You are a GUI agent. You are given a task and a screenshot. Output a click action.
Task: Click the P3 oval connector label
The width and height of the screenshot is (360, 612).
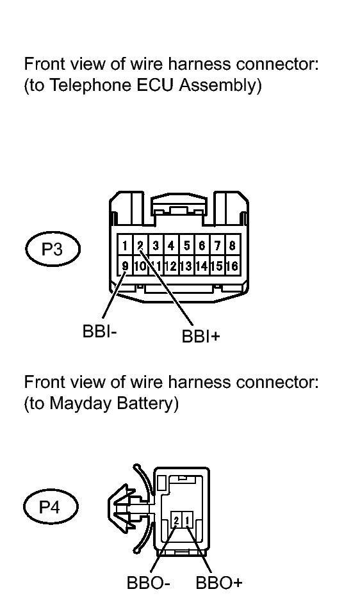pos(53,249)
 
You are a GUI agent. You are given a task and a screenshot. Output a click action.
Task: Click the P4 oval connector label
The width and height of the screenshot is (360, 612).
pos(51,507)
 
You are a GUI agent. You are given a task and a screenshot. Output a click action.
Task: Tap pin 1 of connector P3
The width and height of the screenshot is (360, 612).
pos(125,245)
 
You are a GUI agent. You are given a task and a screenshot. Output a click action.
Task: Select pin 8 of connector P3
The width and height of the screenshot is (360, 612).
pos(233,245)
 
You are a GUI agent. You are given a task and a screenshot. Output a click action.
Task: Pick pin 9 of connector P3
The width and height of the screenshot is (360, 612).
pos(125,266)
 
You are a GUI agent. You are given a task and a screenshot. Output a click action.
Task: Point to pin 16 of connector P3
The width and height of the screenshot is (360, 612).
pos(233,266)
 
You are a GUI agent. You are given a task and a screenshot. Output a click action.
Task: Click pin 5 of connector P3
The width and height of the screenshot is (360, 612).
pos(186,245)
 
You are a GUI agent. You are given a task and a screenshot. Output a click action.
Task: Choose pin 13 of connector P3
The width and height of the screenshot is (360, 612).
pos(186,266)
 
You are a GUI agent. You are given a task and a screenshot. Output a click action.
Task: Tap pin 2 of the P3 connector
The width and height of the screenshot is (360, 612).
pos(140,245)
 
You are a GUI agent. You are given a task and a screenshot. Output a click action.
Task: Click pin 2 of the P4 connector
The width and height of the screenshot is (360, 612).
pos(177,520)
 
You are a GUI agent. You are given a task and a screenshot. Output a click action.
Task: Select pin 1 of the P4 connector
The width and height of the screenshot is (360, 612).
pos(188,520)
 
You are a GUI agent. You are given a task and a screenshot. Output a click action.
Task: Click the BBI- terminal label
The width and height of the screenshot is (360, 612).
pos(100,332)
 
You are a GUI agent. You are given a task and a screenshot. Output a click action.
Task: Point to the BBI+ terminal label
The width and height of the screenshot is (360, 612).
pos(201,336)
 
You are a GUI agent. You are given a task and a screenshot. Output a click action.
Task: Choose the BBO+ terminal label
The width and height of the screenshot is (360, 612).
pos(219,583)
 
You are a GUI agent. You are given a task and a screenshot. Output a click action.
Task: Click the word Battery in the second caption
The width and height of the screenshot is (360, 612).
pos(145,403)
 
